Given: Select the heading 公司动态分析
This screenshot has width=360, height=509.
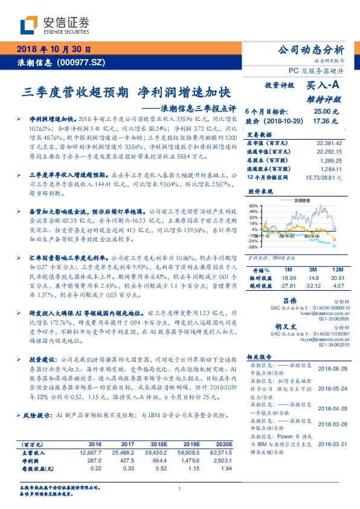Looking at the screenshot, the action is (x=310, y=50).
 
